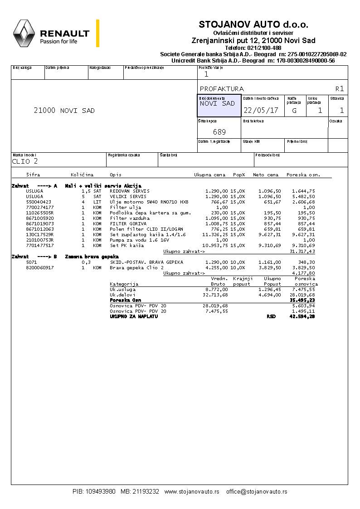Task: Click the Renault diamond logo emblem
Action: pyautogui.click(x=24, y=34)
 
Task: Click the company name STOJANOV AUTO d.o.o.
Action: pyautogui.click(x=253, y=24)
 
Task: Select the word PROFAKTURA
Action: pyautogui.click(x=221, y=89)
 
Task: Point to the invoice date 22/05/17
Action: pyautogui.click(x=261, y=110)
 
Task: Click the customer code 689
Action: pyautogui.click(x=219, y=132)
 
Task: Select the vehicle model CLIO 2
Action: pyautogui.click(x=25, y=161)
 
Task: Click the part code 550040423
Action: pyautogui.click(x=39, y=202)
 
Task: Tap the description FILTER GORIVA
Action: pyautogui.click(x=128, y=223)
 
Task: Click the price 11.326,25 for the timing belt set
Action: pyautogui.click(x=215, y=234)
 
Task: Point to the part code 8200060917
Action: pyautogui.click(x=40, y=268)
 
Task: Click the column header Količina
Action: pyautogui.click(x=82, y=175)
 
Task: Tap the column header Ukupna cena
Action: pyautogui.click(x=209, y=175)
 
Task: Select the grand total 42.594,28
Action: pyautogui.click(x=302, y=316)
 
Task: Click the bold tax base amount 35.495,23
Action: pyautogui.click(x=302, y=300)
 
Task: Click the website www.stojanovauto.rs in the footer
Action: pyautogui.click(x=192, y=492)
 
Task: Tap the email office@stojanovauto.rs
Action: pyautogui.click(x=257, y=492)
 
